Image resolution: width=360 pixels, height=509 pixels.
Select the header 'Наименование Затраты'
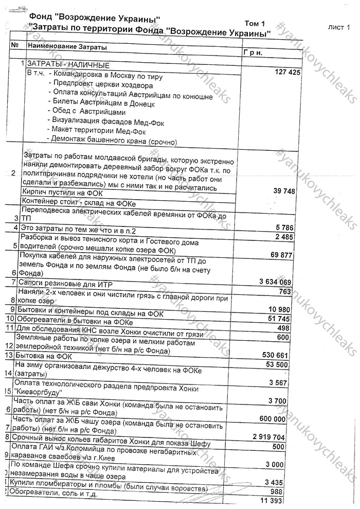67,47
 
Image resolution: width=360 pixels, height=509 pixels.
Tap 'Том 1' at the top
255,24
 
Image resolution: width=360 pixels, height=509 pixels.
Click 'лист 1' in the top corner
339,27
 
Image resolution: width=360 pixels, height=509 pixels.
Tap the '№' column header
14,45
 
